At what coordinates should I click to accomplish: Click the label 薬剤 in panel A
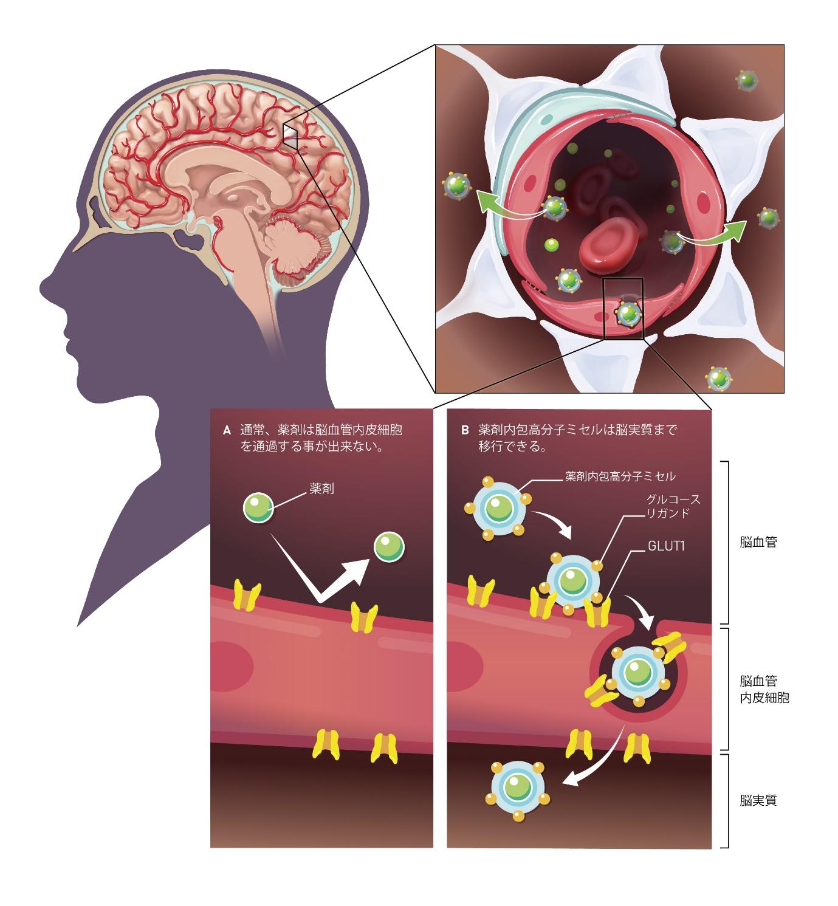323,489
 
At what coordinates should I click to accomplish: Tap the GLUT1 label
666,546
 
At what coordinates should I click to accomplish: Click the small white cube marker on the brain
290,134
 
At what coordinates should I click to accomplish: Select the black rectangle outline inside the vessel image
623,308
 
